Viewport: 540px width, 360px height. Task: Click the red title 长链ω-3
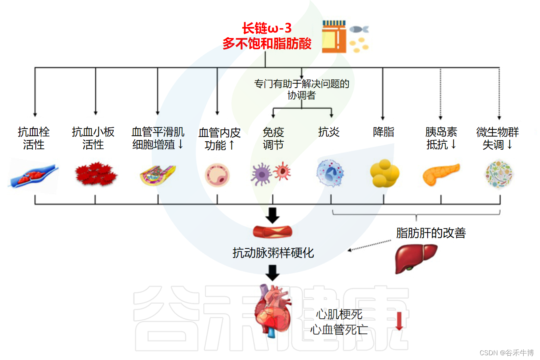(267, 28)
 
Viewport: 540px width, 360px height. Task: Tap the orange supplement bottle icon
(334, 37)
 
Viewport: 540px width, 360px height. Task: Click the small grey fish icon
(358, 29)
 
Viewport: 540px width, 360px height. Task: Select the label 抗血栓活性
(34, 138)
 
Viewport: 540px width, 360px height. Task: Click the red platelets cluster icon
(96, 174)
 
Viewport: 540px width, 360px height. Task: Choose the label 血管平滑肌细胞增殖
(158, 138)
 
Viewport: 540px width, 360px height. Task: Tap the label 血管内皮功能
(220, 139)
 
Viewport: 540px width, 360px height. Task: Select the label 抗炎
(329, 132)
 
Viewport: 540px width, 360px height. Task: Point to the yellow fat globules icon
(384, 173)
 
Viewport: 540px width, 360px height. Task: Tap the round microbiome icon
(499, 174)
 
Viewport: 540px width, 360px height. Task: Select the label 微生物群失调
(498, 138)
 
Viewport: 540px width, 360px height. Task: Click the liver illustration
(415, 258)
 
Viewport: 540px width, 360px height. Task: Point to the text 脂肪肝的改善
(431, 233)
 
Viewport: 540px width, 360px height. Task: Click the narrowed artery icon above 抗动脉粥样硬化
(272, 231)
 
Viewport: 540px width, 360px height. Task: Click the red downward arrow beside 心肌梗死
(399, 321)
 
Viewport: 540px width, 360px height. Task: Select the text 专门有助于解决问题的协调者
(302, 89)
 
